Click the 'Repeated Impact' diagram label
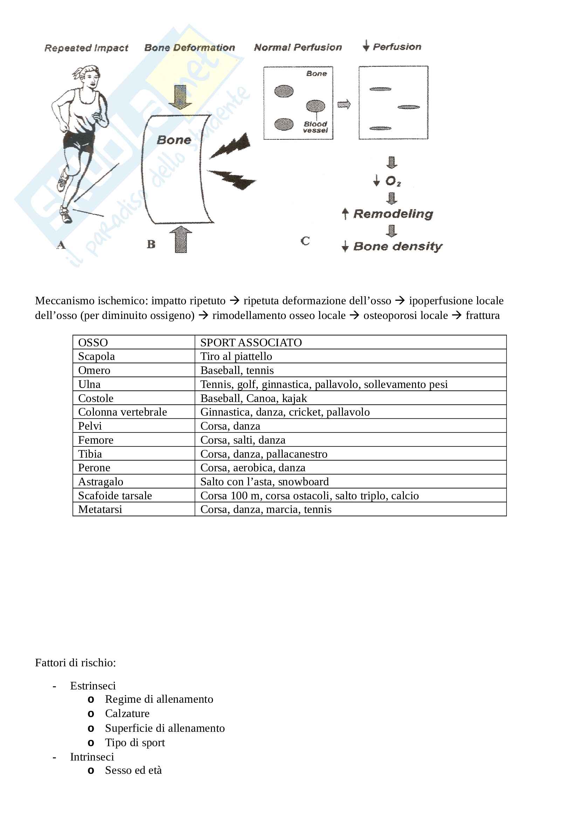click(86, 48)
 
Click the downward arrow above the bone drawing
click(180, 97)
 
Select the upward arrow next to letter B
click(181, 240)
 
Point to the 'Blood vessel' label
click(315, 127)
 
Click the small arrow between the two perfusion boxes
click(344, 104)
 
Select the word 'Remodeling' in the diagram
click(393, 214)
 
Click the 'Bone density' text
click(398, 246)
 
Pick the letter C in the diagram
click(305, 241)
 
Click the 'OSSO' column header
click(93, 342)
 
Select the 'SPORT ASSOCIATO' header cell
click(251, 342)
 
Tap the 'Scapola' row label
click(96, 356)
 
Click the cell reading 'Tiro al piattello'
click(236, 356)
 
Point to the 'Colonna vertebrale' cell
click(122, 412)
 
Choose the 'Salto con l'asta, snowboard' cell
click(264, 481)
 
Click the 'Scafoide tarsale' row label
click(115, 495)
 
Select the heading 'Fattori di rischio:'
click(75, 663)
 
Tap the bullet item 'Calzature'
click(127, 713)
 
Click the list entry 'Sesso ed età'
click(133, 770)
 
